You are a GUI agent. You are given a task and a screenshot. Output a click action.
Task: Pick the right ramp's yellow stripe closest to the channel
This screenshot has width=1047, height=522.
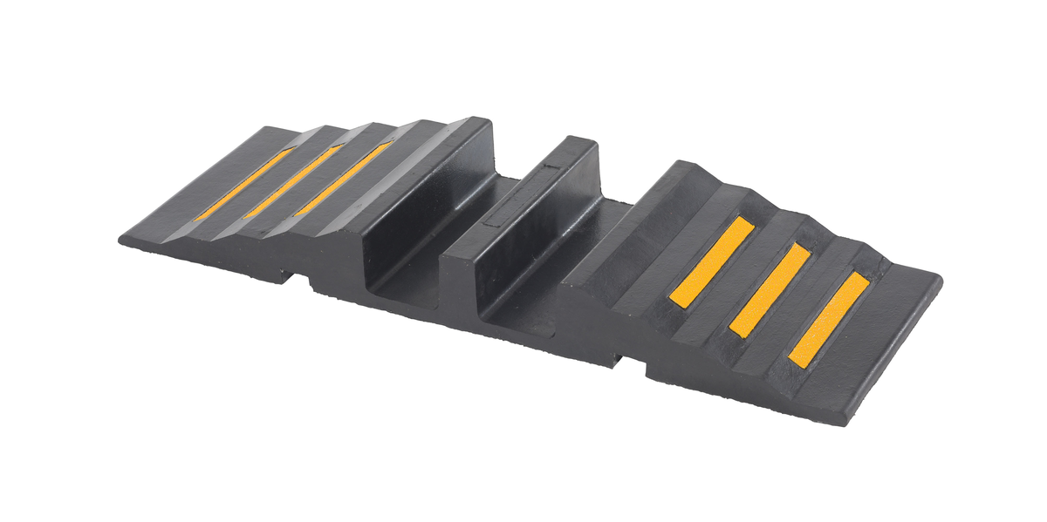coord(712,261)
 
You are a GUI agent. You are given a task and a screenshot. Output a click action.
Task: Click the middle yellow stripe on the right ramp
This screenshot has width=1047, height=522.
coord(770,289)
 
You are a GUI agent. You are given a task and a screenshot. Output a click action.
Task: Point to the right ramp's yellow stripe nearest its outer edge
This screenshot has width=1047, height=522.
coord(829,320)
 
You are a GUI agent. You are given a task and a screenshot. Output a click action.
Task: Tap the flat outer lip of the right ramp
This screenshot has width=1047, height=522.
coord(881,349)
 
